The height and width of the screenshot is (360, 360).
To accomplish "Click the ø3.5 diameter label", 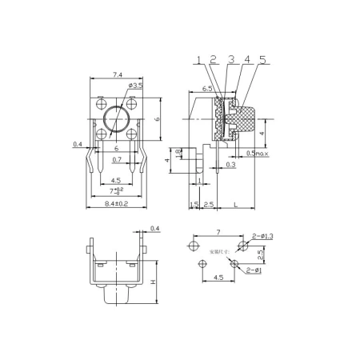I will point(135,85).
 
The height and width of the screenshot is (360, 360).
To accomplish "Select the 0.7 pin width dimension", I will point(117,160).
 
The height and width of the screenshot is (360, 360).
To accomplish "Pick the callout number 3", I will point(230,59).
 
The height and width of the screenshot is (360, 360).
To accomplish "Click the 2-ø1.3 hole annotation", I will point(262,237).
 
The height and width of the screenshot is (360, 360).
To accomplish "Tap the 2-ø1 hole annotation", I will point(254,272).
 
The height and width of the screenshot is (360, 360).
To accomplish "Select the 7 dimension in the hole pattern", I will point(218,232).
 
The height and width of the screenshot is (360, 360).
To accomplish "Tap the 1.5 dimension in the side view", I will point(194,205).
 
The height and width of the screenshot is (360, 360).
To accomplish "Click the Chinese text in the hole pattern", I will point(218,251).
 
